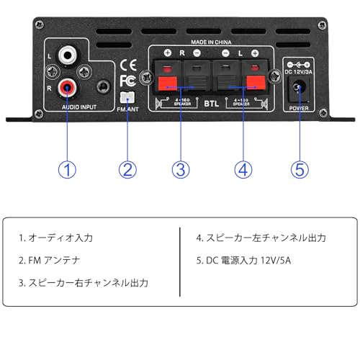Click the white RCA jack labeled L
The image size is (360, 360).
(68, 54)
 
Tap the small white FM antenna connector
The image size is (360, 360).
(127, 96)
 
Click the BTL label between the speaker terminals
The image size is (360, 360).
(210, 103)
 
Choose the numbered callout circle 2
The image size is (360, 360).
(127, 170)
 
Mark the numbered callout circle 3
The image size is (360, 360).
(181, 170)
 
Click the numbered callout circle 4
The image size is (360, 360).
(243, 170)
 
